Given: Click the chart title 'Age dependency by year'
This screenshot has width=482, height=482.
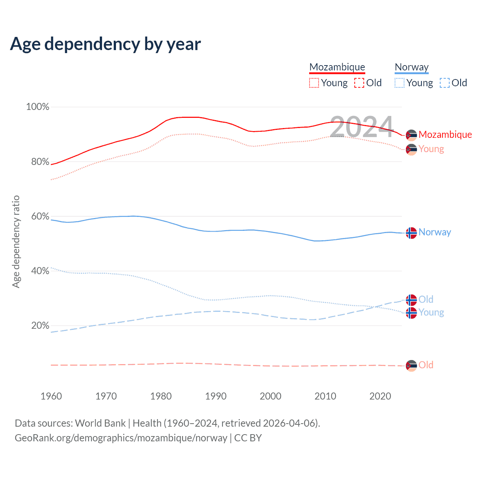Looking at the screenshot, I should (105, 44).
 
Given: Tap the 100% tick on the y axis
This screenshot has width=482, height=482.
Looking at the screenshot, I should (38, 107).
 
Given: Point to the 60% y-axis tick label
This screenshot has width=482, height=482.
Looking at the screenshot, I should (40, 217).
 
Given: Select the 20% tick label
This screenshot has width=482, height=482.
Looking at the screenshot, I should (40, 326).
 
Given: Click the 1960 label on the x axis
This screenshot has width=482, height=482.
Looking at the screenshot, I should (51, 396).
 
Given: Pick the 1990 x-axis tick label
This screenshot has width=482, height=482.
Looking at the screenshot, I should (216, 396).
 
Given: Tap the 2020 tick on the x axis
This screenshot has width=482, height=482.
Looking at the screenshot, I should (380, 396).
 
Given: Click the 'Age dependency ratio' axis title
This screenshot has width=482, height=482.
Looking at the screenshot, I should (16, 241).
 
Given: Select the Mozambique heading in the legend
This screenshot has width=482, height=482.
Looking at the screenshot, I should (337, 67).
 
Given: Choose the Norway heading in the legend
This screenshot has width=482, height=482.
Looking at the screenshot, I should (412, 67).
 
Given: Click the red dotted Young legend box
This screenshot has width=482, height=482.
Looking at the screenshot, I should (314, 83).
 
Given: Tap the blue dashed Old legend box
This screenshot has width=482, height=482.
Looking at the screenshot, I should (445, 83).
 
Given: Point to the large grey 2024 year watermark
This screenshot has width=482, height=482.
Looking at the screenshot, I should (362, 127).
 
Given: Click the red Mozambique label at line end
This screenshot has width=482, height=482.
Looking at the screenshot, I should (445, 135).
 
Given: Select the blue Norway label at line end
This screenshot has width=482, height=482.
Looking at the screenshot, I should (435, 232).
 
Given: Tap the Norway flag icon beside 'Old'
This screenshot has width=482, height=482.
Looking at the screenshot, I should (411, 300).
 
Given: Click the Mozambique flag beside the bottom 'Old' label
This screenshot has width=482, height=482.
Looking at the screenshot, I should (411, 365).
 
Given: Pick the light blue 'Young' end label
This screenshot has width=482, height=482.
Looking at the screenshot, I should (431, 313).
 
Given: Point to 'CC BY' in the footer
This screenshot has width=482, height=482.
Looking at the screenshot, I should (248, 438).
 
